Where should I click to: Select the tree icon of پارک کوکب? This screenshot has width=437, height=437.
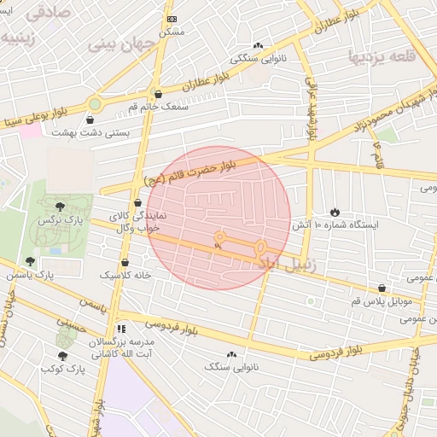(62, 356)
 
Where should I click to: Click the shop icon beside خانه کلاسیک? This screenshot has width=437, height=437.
(125, 263)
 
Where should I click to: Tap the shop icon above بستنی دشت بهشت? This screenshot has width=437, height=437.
(90, 120)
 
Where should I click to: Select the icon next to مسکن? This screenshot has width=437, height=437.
(172, 18)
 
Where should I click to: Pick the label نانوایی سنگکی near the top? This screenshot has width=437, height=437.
(258, 60)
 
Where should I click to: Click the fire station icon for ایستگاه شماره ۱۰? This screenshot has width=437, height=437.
(335, 212)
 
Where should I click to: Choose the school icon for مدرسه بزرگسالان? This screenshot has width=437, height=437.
(122, 328)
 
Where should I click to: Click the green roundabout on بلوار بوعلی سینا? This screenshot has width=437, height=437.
(95, 104)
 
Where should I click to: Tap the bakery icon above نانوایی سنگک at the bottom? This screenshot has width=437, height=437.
(230, 354)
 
